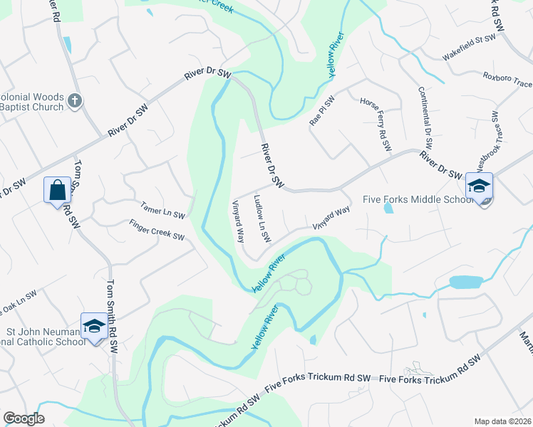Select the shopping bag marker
click(x=57, y=190)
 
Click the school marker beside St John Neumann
click(x=93, y=326)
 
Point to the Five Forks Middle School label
click(x=418, y=200)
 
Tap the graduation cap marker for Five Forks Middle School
click(x=479, y=186)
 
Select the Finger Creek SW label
click(x=157, y=230)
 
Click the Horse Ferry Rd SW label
click(x=376, y=125)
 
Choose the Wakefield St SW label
click(x=468, y=47)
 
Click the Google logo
click(x=24, y=418)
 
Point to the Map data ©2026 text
click(x=503, y=421)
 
